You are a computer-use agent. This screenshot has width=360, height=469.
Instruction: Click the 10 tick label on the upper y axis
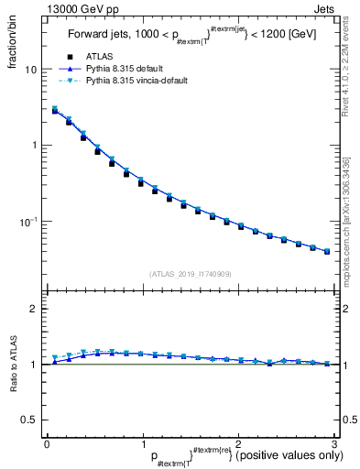pos(30,70)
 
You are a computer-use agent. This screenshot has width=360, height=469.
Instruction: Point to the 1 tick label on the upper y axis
pos(34,146)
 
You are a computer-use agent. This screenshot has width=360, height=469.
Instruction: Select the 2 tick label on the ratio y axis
pos(33,309)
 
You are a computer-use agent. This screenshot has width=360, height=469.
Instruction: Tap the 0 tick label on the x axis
pos(47,443)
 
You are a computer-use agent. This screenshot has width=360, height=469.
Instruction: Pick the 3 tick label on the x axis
pos(334,443)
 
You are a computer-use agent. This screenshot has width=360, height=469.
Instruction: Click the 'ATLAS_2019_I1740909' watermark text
pos(189,274)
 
